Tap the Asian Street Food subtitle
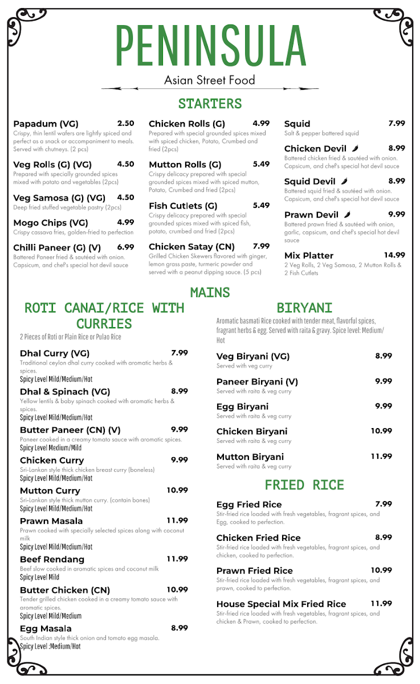coord(209,80)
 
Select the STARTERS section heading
coord(210,104)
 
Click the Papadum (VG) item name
coord(46,124)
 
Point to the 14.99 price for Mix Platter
coord(394,255)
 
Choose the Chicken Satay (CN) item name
coord(191,247)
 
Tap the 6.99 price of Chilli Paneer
coord(125,247)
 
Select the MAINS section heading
coord(210,292)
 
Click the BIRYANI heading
coord(304,308)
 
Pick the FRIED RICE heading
coord(304,485)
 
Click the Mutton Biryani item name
coord(250,457)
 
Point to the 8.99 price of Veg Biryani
coord(384,356)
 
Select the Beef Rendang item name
coord(52,559)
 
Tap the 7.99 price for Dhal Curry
coord(180,353)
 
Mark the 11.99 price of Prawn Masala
coord(177,520)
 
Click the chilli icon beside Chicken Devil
coord(355,149)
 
